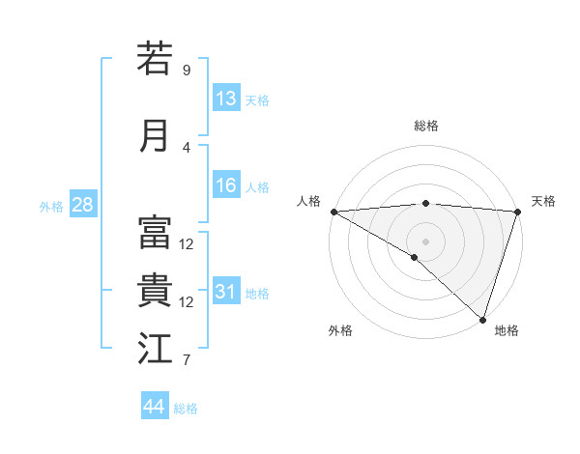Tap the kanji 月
[x=155, y=135]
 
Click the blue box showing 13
[x=226, y=99]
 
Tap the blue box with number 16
[x=226, y=186]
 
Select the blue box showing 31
[x=226, y=292]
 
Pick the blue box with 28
[x=82, y=206]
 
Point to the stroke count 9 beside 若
[x=186, y=71]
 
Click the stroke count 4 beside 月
[x=186, y=148]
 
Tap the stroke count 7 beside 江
[x=186, y=361]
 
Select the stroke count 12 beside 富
[x=187, y=244]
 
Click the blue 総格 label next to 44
[x=186, y=409]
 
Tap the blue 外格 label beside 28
[x=51, y=207]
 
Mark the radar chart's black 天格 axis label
[x=543, y=201]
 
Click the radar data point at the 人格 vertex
[x=333, y=212]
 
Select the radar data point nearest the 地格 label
[x=482, y=319]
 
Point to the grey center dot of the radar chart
[x=425, y=241]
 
